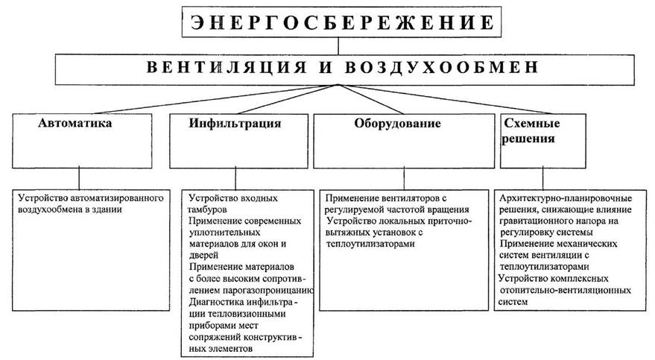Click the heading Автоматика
(75, 124)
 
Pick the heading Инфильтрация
(235, 124)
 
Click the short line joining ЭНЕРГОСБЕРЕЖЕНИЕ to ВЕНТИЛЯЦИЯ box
(338, 47)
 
